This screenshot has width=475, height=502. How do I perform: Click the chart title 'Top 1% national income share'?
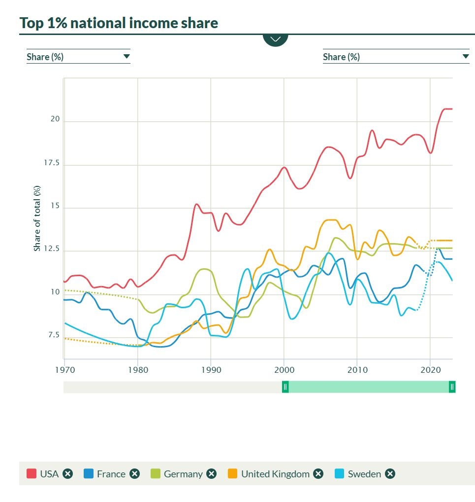point(119,23)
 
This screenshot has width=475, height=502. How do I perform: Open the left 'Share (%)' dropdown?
point(78,57)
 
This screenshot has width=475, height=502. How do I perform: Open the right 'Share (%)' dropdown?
point(396,57)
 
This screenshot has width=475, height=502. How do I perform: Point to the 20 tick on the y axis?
point(55,119)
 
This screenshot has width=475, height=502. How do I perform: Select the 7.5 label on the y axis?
point(53,335)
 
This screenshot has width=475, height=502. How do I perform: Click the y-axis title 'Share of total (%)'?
point(37,218)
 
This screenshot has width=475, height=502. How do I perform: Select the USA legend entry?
point(49,474)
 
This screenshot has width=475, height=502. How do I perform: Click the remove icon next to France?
point(134,474)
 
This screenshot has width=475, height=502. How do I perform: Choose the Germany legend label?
point(183,474)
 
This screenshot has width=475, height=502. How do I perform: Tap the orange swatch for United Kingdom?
point(233,474)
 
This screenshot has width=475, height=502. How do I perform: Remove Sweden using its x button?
point(390,474)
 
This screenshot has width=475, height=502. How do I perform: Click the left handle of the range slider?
point(285,387)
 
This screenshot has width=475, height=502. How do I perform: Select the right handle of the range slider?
point(452,387)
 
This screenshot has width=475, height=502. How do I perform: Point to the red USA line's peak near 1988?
point(196,204)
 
